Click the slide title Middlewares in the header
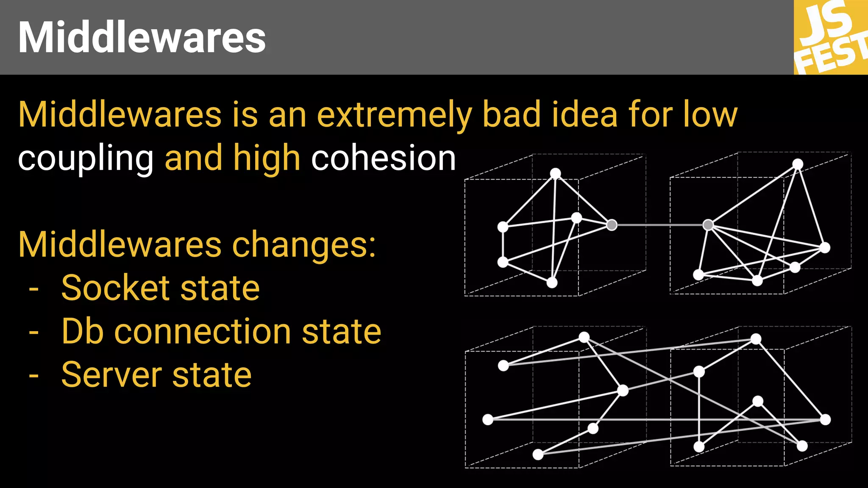tap(142, 37)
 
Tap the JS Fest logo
tap(831, 37)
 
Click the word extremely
tap(394, 115)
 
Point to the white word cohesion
tap(383, 158)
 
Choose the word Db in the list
tap(83, 331)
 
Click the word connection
tap(203, 332)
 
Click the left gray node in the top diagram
tap(612, 225)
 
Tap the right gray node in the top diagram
tap(708, 225)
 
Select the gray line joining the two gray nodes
tap(660, 225)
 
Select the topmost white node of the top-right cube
tap(798, 164)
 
